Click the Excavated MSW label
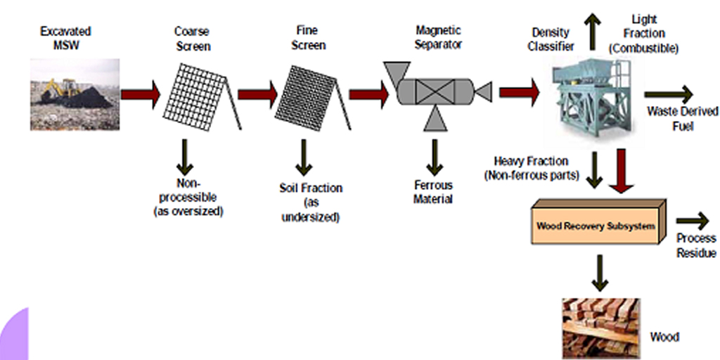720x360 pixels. coord(65,39)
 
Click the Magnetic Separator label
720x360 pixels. coord(438,39)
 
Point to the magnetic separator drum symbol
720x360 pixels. coord(434,92)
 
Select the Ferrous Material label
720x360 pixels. coord(434,192)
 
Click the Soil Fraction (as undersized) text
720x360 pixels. coord(310,202)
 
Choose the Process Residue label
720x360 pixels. coord(696,245)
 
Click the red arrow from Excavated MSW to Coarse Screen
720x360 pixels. coord(141,94)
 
